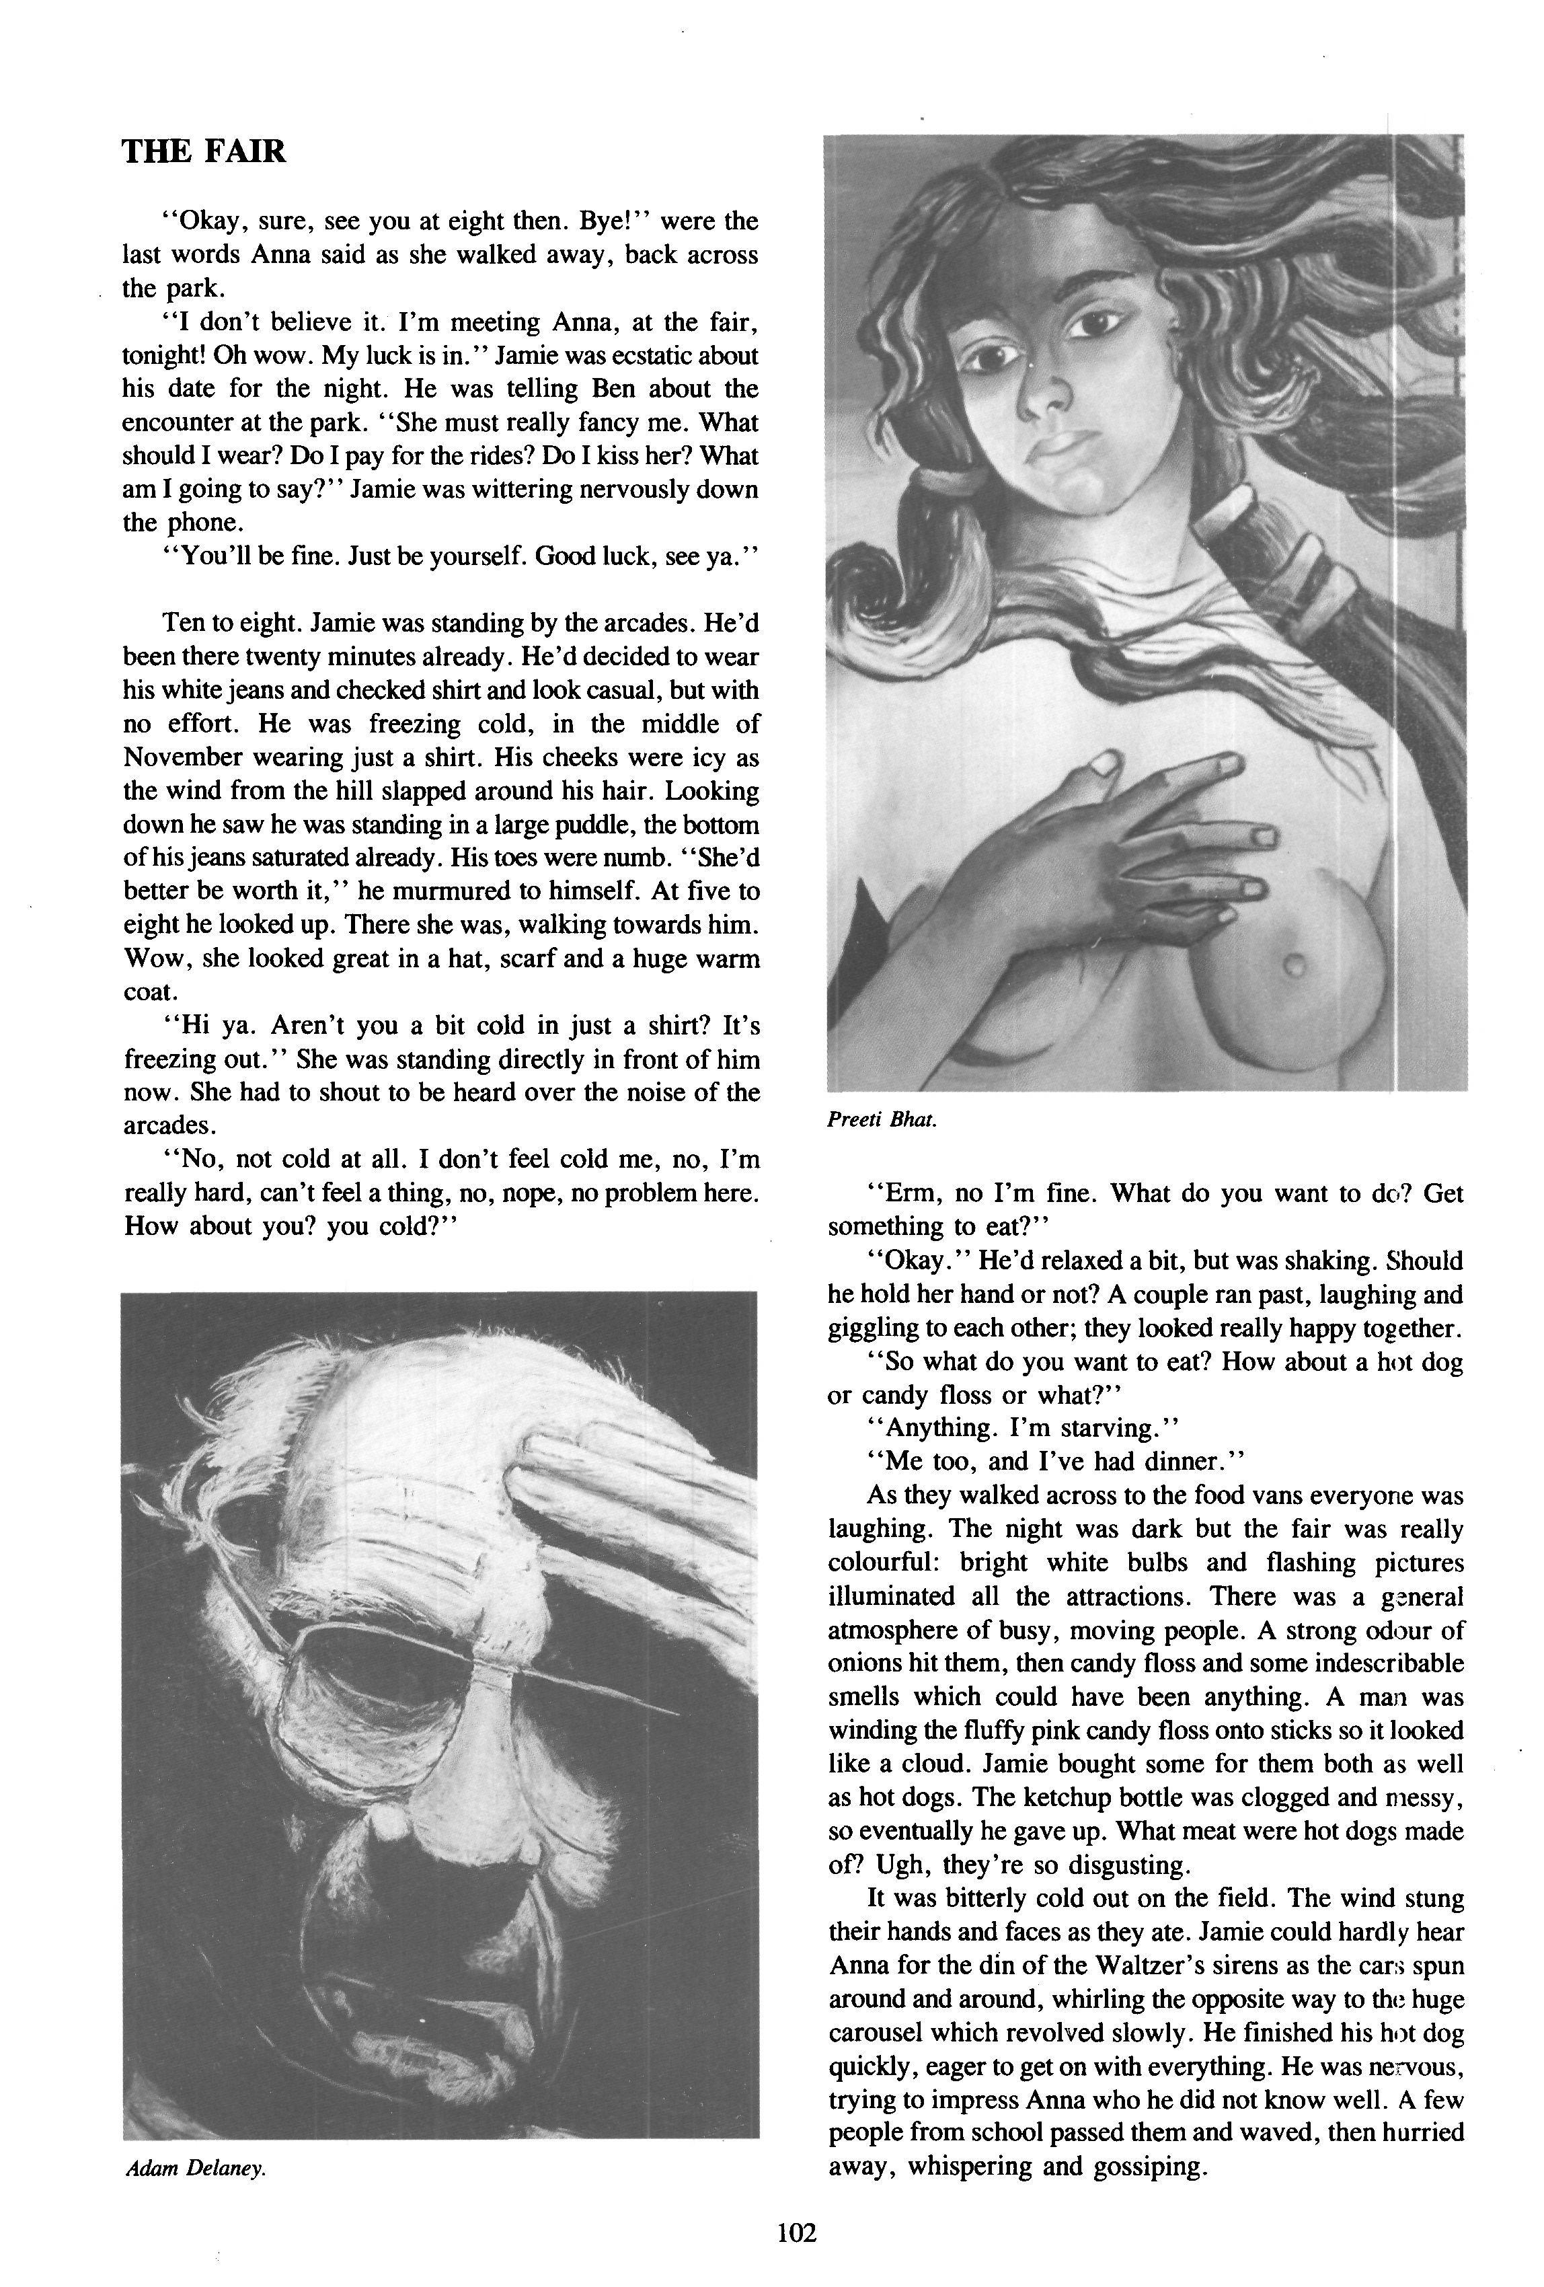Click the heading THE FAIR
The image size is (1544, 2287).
204,151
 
